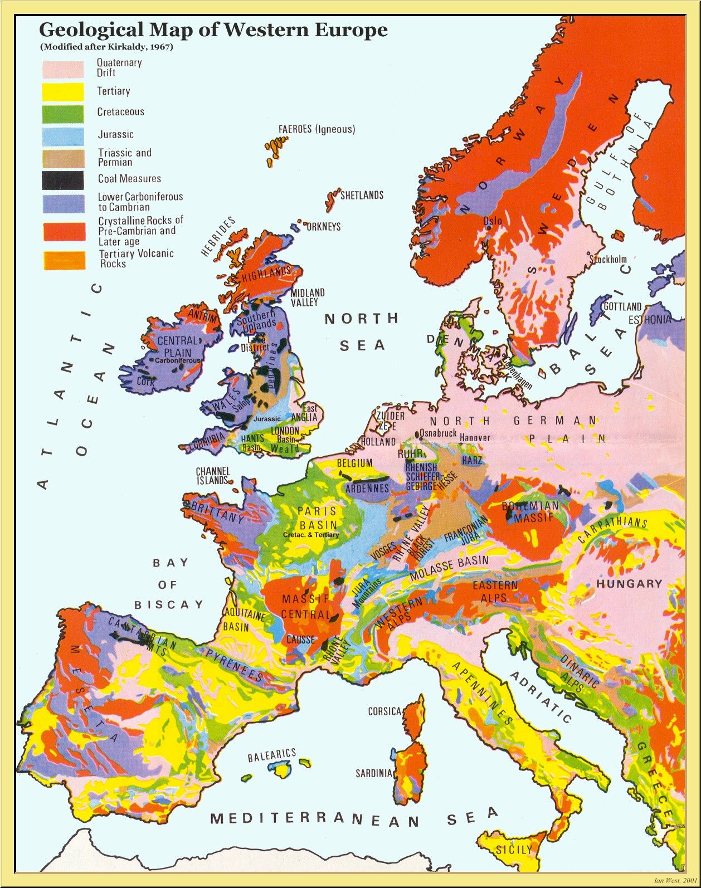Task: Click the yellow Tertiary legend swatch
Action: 64,91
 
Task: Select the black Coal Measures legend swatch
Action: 64,179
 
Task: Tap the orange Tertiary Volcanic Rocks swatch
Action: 65,260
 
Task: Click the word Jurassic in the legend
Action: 116,134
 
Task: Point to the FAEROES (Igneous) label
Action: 317,129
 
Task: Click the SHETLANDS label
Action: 362,196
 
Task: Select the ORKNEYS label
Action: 323,227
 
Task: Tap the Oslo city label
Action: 493,221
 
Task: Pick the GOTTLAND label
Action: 622,306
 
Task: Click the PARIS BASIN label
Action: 318,518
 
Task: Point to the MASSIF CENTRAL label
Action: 305,607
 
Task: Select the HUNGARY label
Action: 629,584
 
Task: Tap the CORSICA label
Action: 384,711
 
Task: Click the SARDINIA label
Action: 374,773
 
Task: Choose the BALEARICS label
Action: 271,755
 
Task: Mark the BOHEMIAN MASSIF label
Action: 530,511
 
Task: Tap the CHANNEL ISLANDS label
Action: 213,476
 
